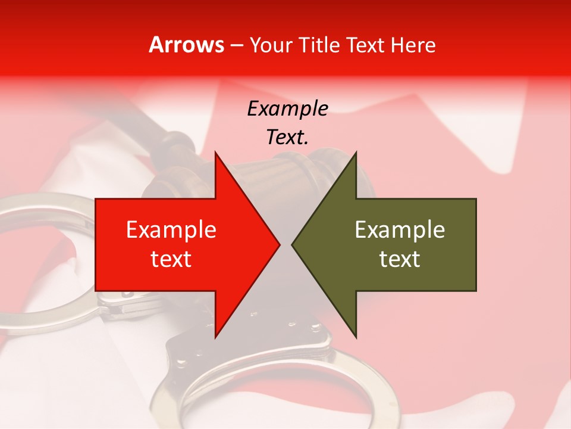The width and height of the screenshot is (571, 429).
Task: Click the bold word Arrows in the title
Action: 187,45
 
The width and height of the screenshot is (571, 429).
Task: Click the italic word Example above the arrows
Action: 287,109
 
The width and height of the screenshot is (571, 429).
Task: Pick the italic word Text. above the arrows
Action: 287,138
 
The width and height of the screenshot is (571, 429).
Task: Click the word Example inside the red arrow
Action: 171,230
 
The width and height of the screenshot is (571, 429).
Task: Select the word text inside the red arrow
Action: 171,259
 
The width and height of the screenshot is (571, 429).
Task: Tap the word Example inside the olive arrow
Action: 400,230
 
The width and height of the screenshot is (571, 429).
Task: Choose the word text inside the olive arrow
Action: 400,259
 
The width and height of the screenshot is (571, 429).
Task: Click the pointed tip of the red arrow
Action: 278,244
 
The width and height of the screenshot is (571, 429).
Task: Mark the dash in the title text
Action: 237,45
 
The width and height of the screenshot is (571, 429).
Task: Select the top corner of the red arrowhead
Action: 216,154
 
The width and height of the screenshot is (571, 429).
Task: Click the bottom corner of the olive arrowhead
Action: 356,336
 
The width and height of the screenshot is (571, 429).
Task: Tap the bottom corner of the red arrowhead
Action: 216,336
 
